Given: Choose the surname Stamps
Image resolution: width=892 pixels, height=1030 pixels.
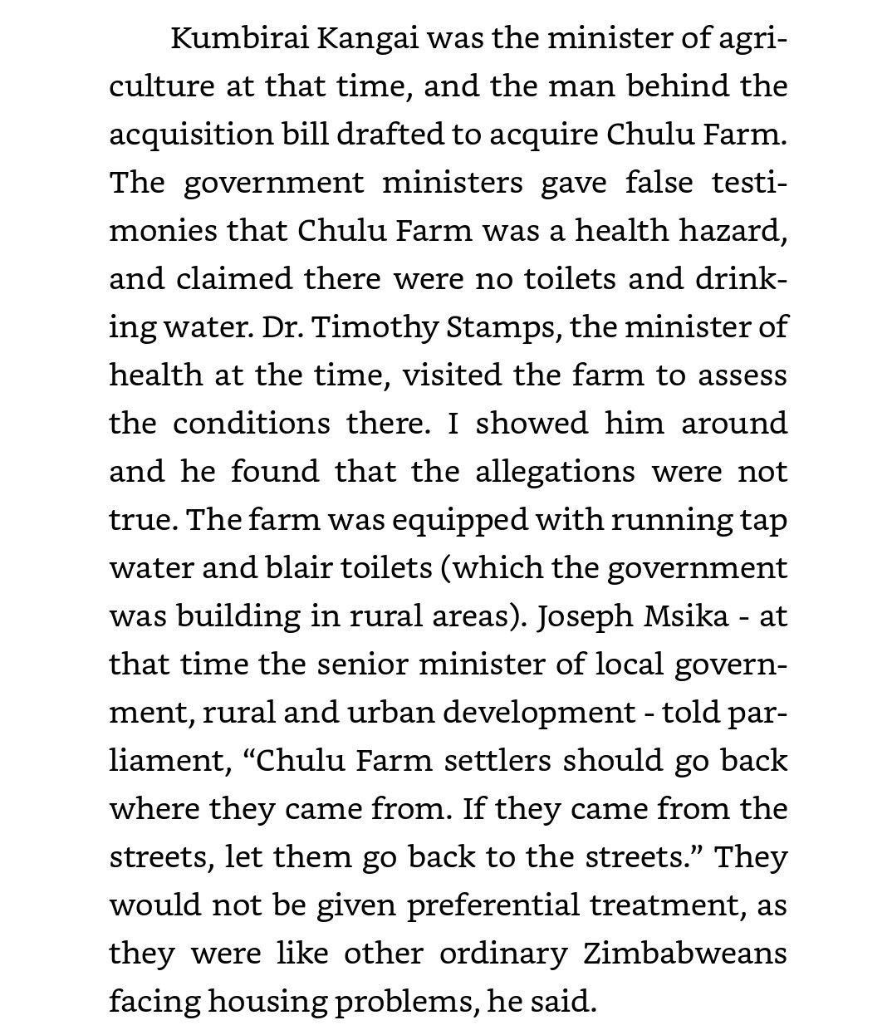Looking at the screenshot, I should tap(486, 327).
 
